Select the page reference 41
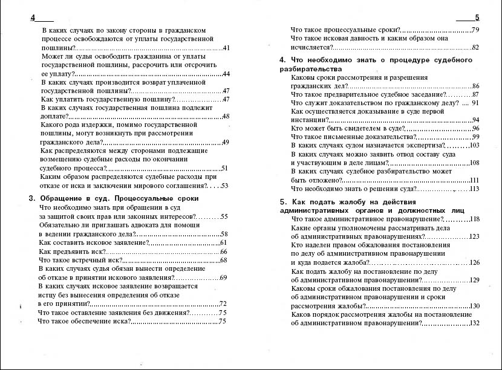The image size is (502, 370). point(226,47)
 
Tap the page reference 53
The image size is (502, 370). point(224,186)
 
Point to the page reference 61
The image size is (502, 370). point(223,242)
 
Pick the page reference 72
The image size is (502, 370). point(223,303)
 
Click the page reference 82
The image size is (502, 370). point(475,47)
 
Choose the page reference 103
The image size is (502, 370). point(474,145)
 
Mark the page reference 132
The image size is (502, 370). point(474,323)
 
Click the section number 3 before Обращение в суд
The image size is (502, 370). point(31,198)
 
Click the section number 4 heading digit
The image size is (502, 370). point(282,60)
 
